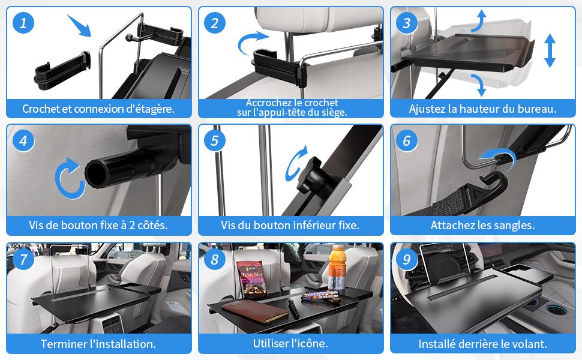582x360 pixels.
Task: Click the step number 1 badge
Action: pos(23,23)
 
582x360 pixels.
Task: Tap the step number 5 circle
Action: pos(215,140)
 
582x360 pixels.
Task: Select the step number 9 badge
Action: pos(407,259)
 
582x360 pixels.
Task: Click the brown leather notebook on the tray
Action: pos(255,312)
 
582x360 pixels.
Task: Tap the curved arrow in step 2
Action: pos(253,41)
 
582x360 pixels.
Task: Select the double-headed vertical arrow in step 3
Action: pos(550,50)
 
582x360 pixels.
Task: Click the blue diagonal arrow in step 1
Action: pos(79,25)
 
